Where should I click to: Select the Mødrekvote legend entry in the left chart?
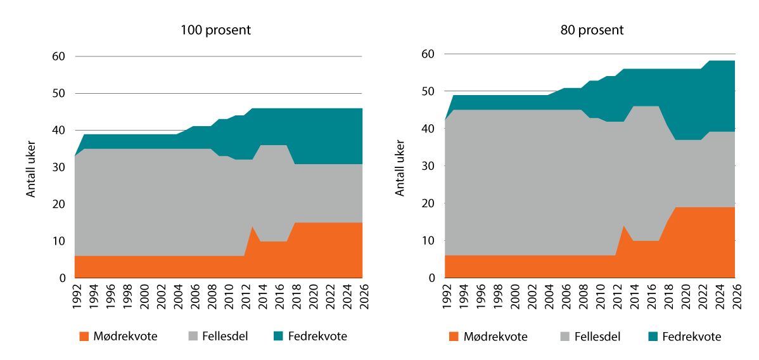coord(118,337)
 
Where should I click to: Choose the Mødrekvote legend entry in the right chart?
coord(488,337)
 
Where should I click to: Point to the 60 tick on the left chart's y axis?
coord(59,56)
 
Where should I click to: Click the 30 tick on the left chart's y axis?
coord(59,167)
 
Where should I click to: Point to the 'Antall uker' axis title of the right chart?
coord(400,167)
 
